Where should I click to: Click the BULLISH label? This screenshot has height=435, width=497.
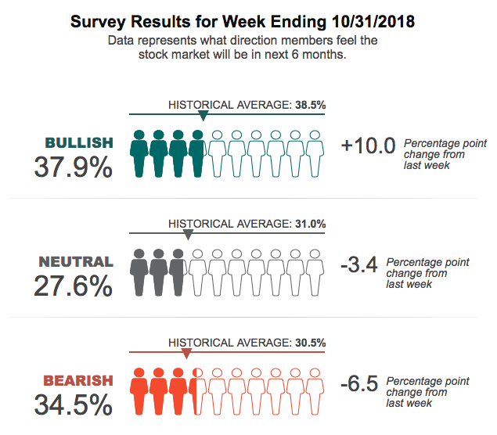point(79,142)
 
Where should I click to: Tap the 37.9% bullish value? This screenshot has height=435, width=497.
point(74,167)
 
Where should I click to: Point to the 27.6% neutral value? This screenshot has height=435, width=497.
point(74,286)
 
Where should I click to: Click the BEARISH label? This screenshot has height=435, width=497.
point(78,381)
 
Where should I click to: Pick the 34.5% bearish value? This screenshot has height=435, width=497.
point(74,405)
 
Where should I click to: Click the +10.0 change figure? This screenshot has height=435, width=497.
point(369,145)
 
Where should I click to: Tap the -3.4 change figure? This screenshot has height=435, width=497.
point(359,265)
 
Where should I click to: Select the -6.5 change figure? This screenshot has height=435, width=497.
point(359,384)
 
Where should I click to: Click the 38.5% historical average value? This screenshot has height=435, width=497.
point(310,104)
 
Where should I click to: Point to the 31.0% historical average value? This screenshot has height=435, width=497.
point(310,224)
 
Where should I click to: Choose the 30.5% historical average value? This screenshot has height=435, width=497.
point(310,343)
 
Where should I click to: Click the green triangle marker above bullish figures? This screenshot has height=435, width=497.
point(203,116)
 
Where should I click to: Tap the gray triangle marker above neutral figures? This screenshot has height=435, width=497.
point(188,235)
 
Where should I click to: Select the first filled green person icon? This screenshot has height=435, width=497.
point(140,153)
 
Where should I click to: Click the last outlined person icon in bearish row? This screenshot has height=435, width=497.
point(315,391)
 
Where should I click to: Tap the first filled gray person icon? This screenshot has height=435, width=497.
point(140,271)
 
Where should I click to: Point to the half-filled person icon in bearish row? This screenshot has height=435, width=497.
point(198,391)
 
